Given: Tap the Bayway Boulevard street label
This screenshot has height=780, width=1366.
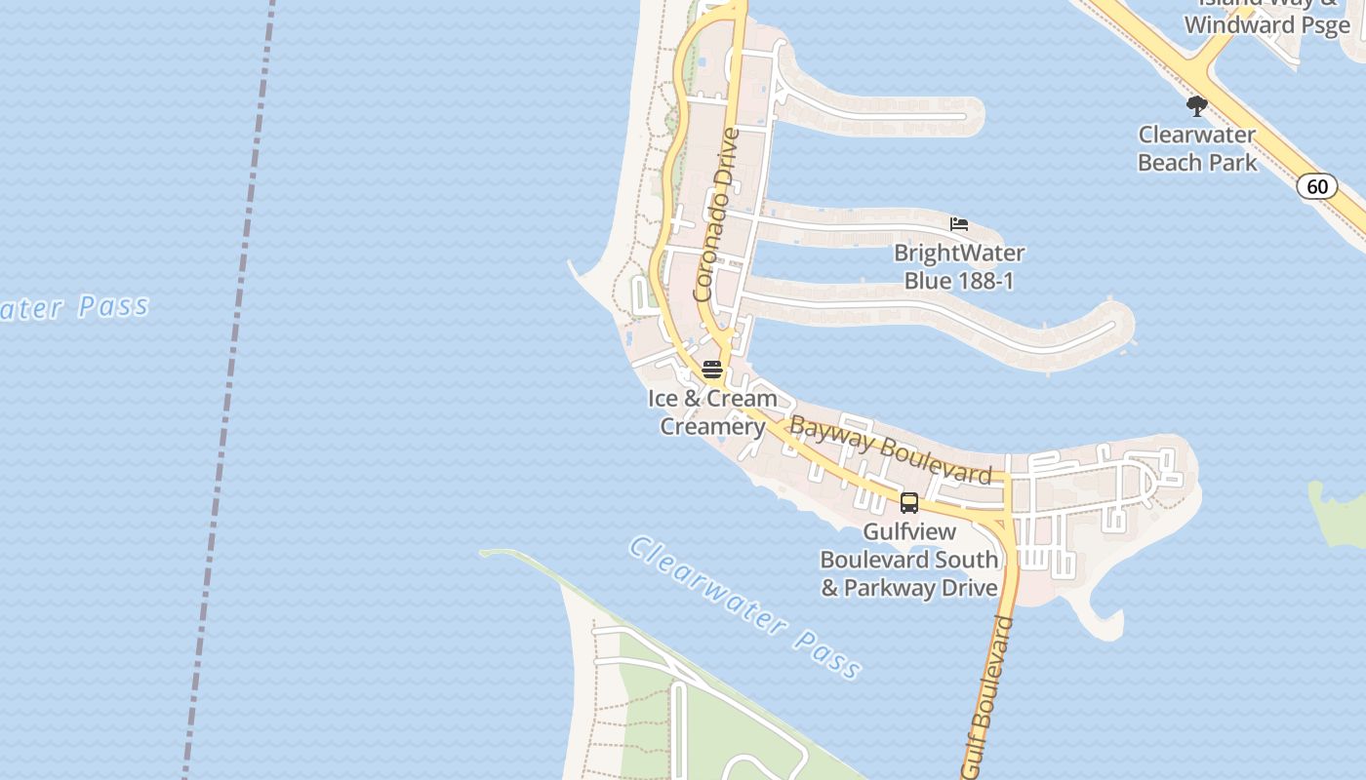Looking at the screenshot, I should (x=890, y=450).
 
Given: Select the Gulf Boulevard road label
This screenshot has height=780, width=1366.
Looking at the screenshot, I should (x=987, y=697).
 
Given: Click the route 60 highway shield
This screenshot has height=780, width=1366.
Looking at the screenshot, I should (x=1317, y=186).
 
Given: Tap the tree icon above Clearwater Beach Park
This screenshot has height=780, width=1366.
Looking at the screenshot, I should (x=1197, y=106).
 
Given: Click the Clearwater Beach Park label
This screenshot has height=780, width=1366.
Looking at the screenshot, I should (x=1197, y=148).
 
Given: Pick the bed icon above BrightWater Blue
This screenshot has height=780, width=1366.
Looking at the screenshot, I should (x=959, y=225).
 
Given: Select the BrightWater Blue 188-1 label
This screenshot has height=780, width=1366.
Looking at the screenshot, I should (x=959, y=267).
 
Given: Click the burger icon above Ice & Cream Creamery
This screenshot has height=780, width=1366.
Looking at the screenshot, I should (x=712, y=370).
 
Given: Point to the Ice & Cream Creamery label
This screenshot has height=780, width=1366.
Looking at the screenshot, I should (x=712, y=412).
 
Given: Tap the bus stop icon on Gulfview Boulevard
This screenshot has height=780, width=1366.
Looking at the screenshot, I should (x=909, y=503).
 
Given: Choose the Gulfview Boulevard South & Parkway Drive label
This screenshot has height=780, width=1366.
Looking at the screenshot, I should (x=909, y=560).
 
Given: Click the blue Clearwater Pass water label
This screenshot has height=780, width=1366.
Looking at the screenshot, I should (x=745, y=606).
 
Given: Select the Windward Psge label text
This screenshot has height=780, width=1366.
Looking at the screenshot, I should (x=1267, y=25).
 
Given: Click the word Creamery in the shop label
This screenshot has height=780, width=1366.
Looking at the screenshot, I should (x=712, y=427).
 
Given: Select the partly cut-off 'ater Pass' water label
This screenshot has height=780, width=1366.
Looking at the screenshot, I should (x=73, y=308).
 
